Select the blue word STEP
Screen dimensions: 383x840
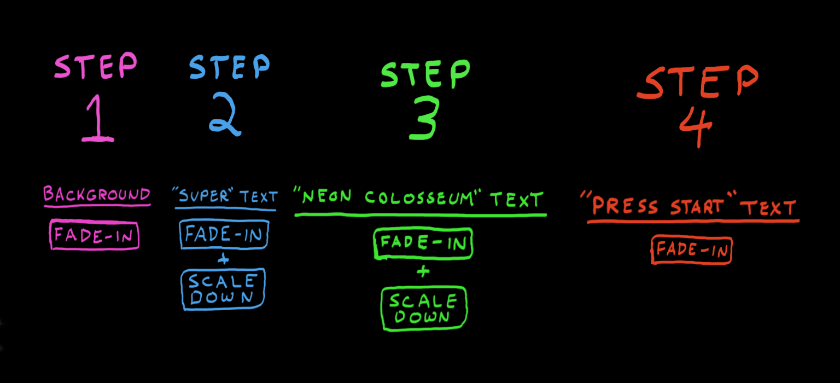tap(230, 68)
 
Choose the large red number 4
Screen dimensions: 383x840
tap(696, 127)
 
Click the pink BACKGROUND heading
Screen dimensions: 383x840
tap(97, 195)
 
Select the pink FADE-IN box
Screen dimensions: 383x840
tap(94, 235)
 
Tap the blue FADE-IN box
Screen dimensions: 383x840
tap(224, 235)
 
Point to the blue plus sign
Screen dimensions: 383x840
tap(223, 260)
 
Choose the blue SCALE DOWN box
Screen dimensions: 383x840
tap(223, 289)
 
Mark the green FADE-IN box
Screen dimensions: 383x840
tap(423, 243)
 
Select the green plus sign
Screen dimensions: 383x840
tap(423, 271)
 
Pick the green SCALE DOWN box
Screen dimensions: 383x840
tap(424, 309)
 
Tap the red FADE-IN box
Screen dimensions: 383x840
tap(691, 250)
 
